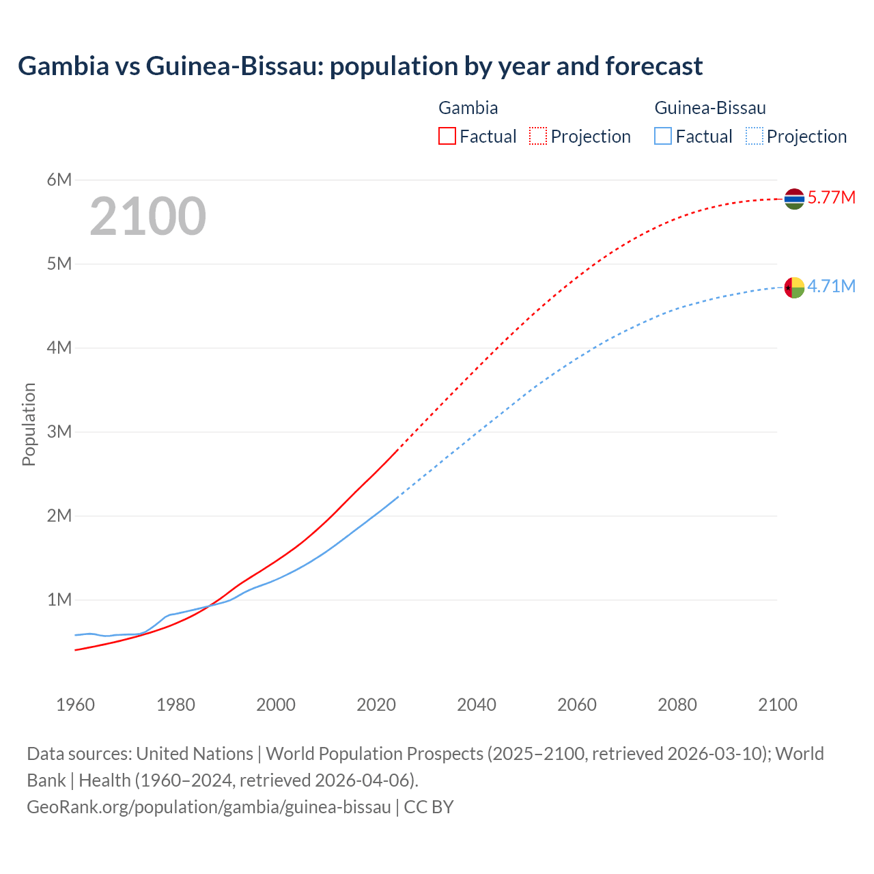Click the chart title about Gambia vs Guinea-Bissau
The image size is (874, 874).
[360, 66]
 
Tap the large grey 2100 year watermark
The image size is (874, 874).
[147, 216]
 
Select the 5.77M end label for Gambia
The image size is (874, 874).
[831, 198]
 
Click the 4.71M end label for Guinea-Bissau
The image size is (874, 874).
[831, 287]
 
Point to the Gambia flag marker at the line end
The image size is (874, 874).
[794, 199]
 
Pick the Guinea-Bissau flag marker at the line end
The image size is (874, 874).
[794, 287]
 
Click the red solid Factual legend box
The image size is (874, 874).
[447, 137]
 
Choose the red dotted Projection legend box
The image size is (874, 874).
[538, 137]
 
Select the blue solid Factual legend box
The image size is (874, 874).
[662, 137]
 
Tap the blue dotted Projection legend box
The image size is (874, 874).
[754, 137]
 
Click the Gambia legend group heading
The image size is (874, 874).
[468, 108]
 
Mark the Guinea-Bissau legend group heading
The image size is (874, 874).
[709, 108]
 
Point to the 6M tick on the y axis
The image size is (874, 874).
[59, 180]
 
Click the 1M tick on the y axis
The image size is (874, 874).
[59, 600]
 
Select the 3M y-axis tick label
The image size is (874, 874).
[59, 432]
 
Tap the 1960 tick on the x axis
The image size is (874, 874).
[75, 705]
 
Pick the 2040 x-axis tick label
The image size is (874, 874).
[477, 705]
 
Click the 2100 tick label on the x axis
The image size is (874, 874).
[777, 705]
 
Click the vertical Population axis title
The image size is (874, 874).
[29, 424]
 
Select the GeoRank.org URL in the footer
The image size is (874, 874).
[209, 807]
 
